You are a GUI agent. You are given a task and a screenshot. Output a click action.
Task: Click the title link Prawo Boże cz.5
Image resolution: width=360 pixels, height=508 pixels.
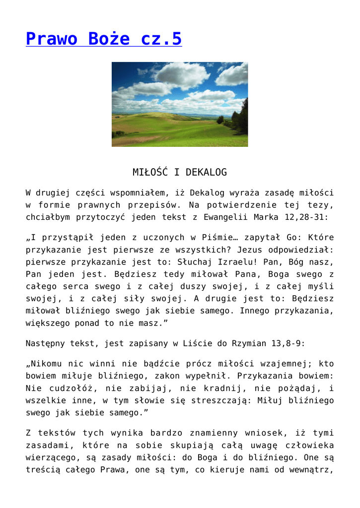[104, 39]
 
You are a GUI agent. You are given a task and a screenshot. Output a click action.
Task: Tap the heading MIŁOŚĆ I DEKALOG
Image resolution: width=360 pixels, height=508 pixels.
[180, 173]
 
